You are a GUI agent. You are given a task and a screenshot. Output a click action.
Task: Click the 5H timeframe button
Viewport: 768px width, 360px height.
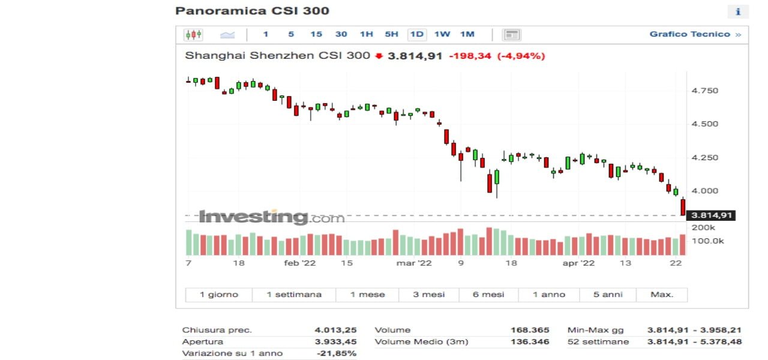coord(391,34)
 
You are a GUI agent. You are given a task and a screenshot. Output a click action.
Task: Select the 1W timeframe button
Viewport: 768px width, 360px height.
coord(442,34)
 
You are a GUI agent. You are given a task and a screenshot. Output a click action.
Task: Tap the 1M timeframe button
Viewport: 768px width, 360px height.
coord(467,34)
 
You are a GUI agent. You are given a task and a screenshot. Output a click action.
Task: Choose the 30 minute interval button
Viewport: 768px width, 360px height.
coord(341,34)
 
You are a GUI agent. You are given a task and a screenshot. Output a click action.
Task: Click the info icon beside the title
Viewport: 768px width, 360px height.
coord(738,11)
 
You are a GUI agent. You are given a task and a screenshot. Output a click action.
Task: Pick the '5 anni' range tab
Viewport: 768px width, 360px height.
coord(608,295)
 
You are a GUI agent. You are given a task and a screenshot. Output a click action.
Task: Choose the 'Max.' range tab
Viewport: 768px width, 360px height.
coord(662,295)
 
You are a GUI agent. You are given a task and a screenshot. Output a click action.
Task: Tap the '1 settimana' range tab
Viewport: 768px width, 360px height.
coord(294,295)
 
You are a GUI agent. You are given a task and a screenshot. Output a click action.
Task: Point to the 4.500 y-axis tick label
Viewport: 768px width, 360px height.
coord(705,124)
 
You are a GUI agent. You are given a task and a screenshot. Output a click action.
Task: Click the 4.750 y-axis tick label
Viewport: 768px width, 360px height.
coord(705,91)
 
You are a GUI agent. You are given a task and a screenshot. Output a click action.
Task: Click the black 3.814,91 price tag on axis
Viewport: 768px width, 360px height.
coord(712,215)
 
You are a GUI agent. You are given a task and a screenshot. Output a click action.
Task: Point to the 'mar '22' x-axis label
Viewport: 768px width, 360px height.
coord(414,263)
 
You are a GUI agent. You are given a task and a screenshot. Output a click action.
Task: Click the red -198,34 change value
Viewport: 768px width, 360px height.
coord(470,56)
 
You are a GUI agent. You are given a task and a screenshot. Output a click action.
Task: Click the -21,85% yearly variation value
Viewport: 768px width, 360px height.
coord(337,353)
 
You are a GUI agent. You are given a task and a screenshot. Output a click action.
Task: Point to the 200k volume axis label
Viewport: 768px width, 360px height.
coord(703,228)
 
